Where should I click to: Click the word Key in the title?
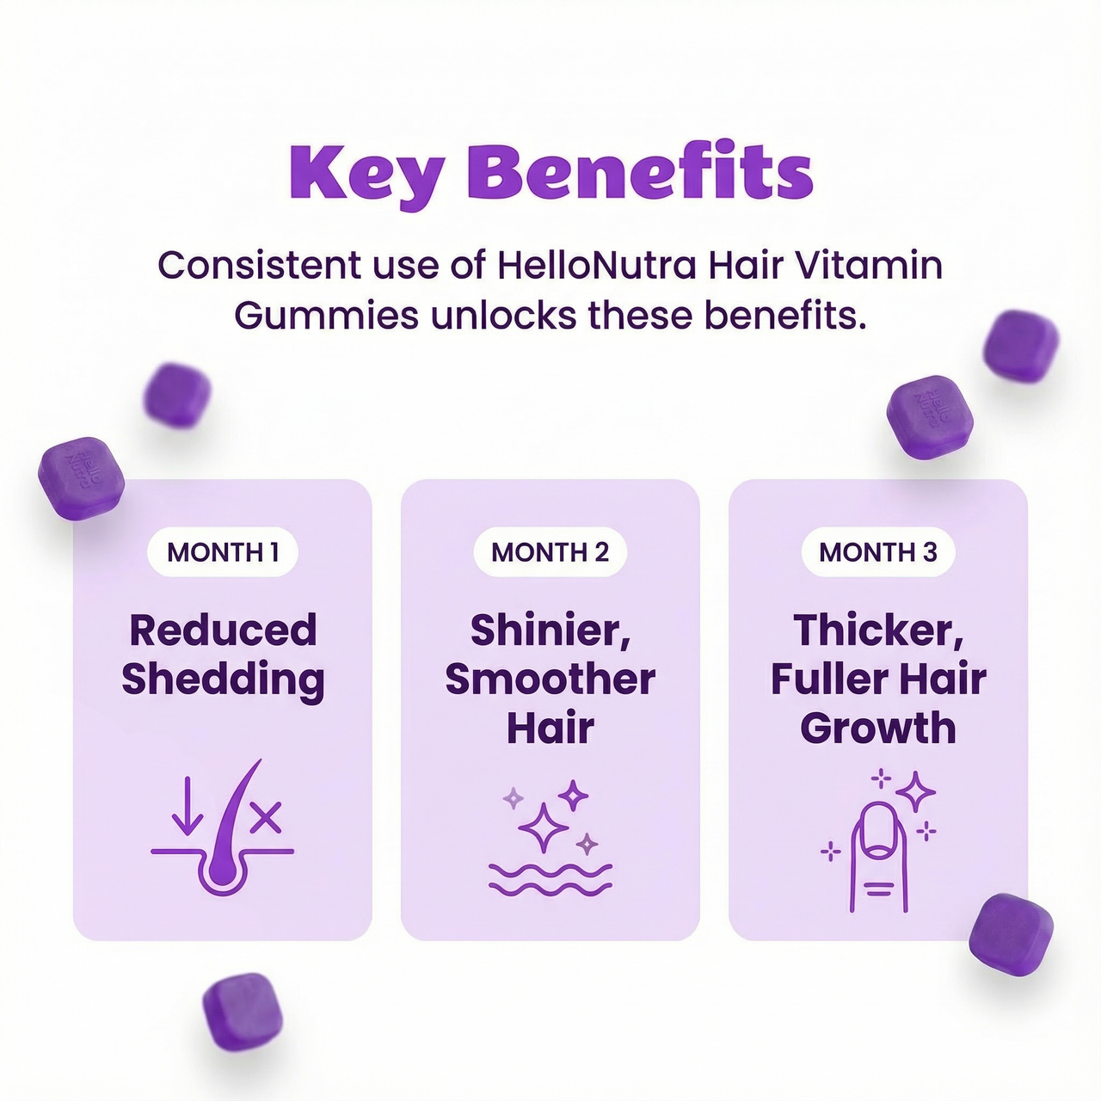point(366,174)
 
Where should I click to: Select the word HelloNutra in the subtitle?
point(596,265)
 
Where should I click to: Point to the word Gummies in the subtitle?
point(326,316)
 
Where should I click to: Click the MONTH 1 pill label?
point(223,552)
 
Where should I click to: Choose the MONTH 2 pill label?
point(550,552)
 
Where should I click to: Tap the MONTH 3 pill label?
point(877,552)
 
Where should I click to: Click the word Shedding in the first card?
point(223,679)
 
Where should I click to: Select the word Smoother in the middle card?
point(550,679)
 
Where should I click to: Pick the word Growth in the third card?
point(877,728)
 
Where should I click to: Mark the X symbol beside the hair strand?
point(266,818)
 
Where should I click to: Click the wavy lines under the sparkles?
point(550,878)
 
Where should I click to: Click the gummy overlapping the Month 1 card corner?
point(82,478)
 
